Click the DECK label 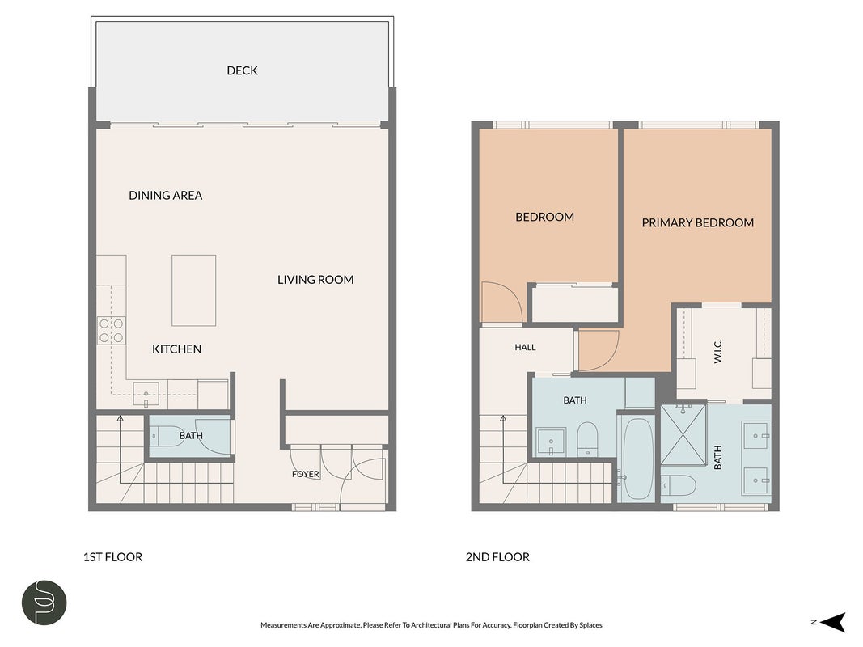point(242,70)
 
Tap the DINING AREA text point(166,195)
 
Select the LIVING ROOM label point(315,280)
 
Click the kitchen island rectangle point(194,290)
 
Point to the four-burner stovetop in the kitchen point(112,331)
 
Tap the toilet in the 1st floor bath point(163,436)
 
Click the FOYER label point(306,474)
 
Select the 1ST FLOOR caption point(112,557)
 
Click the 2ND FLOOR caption point(497,557)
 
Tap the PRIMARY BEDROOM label point(698,223)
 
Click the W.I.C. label point(717,351)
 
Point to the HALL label point(525,347)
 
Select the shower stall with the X point(683,434)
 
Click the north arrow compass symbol point(832,622)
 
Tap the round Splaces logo point(44,603)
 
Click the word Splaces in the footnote point(590,625)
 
